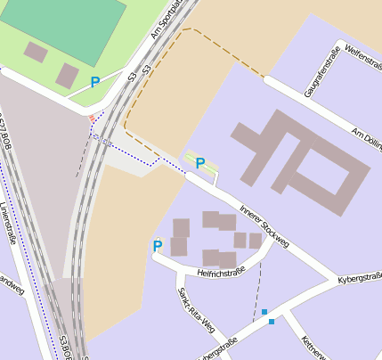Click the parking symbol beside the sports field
(x=95, y=82)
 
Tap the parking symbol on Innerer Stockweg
(x=200, y=163)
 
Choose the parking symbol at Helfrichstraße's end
(x=158, y=246)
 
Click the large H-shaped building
(x=298, y=160)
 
